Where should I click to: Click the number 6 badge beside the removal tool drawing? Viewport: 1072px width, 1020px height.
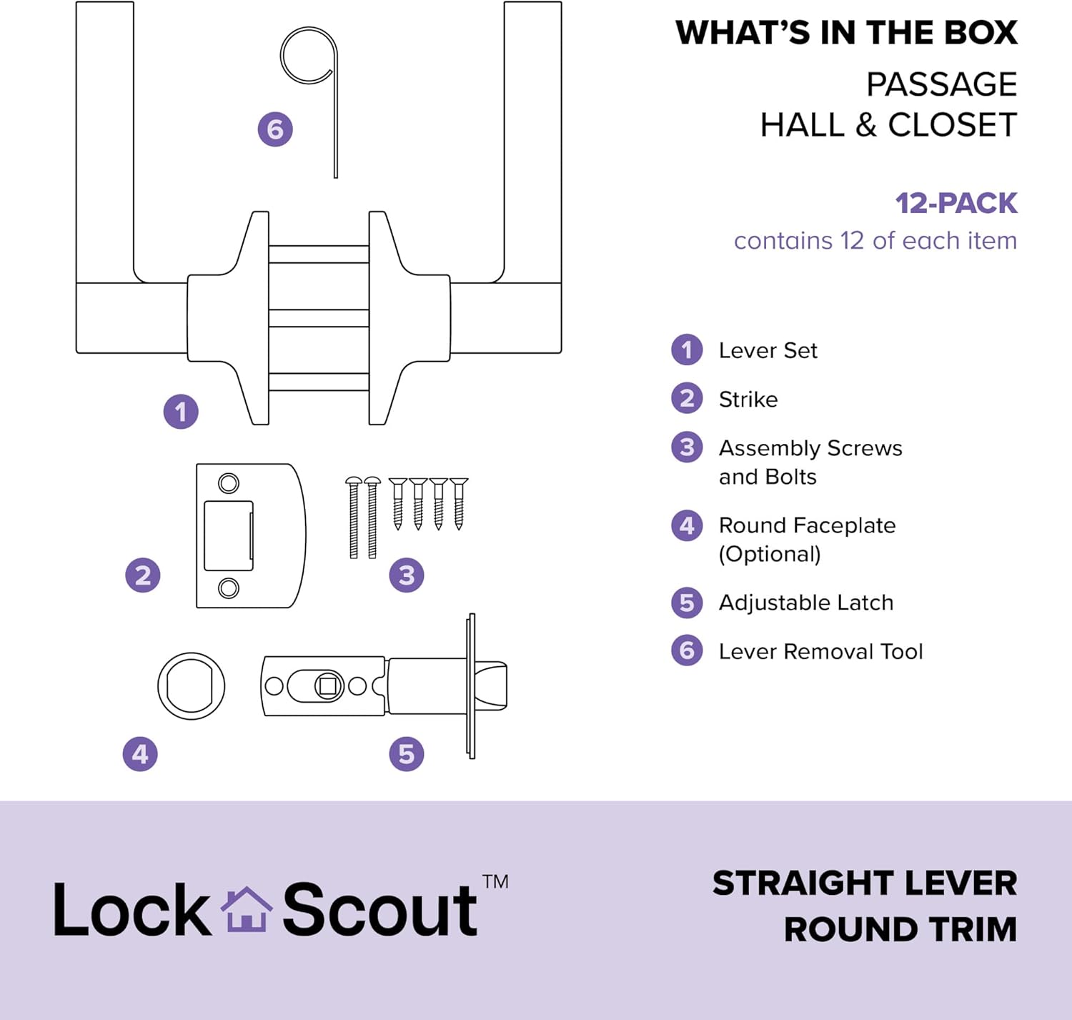[x=275, y=129]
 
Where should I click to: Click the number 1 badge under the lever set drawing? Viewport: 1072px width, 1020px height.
[x=181, y=412]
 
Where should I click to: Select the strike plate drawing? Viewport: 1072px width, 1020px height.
[x=250, y=536]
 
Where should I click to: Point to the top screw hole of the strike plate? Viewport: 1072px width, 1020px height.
[x=229, y=483]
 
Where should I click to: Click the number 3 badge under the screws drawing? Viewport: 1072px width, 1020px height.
[x=407, y=575]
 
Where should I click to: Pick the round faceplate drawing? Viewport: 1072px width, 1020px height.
[x=192, y=686]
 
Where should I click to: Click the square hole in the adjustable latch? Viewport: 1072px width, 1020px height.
[x=328, y=686]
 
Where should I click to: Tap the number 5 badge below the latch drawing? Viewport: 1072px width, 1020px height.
[x=407, y=754]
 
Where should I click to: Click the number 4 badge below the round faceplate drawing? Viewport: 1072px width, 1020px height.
[x=140, y=754]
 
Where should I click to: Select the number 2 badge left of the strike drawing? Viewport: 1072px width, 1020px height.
[x=143, y=575]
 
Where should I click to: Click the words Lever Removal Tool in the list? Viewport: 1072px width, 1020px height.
[x=820, y=651]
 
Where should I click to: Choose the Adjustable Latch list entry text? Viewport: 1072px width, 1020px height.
[x=805, y=603]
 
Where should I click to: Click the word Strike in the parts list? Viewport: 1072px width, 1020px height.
[x=748, y=399]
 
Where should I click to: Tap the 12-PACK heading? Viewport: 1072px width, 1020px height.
[x=956, y=204]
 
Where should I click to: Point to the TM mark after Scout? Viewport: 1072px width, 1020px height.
[x=495, y=881]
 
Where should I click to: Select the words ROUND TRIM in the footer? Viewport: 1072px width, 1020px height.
[x=900, y=929]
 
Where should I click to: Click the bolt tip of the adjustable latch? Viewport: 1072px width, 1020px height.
[x=493, y=686]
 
